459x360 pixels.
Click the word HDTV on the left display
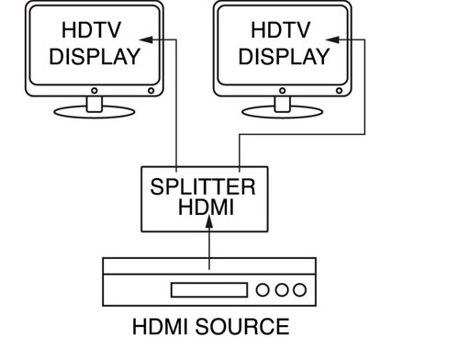(92, 30)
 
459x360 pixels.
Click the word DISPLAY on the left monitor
(95, 57)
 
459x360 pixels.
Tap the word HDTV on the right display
(281, 30)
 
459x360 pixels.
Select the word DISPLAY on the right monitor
(284, 57)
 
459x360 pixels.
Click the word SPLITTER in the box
(203, 186)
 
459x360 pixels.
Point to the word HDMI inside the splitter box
(206, 208)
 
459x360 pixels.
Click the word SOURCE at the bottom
(242, 327)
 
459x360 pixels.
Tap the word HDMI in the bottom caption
(160, 327)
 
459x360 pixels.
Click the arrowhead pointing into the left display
(146, 39)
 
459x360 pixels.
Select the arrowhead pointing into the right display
(332, 39)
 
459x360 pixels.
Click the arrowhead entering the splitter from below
(209, 221)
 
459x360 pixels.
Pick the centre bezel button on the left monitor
(95, 91)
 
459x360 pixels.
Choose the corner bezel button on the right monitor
(339, 91)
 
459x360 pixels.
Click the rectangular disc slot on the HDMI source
(209, 290)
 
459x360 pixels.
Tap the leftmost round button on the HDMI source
(263, 289)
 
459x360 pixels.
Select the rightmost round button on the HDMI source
(299, 289)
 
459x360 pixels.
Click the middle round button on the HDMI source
(282, 289)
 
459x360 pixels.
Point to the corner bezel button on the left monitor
(151, 91)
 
